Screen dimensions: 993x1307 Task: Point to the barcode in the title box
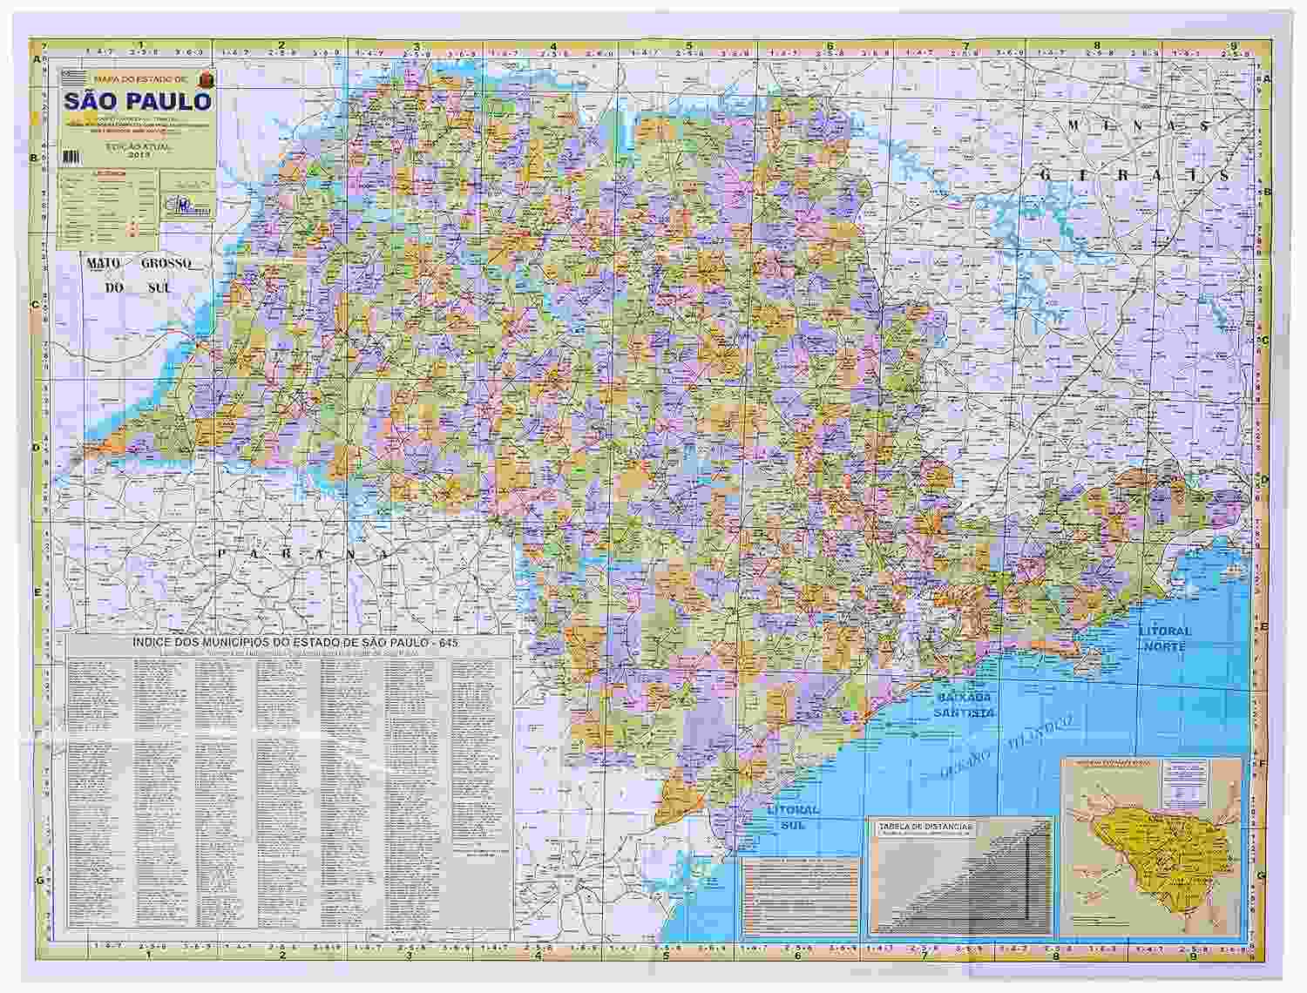pos(71,156)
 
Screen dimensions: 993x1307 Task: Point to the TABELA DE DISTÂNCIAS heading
pos(925,825)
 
